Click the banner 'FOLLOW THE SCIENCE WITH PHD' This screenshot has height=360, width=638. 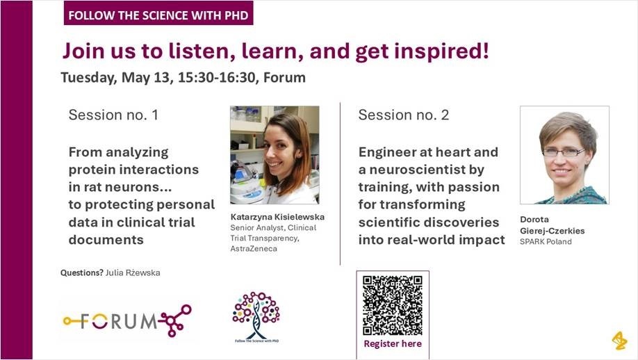(x=158, y=13)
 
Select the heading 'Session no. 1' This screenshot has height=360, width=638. (x=113, y=115)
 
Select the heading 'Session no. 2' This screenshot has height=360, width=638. (x=403, y=115)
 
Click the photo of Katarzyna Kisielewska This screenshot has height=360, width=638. (x=275, y=155)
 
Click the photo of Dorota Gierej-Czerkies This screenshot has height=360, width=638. (x=564, y=155)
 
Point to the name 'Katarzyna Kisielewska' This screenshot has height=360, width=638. (x=277, y=217)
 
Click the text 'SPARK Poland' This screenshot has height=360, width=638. (x=546, y=242)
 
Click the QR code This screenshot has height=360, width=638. (x=393, y=305)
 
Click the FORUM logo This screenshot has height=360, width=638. (x=126, y=320)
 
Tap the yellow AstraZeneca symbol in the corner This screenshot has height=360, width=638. (x=619, y=340)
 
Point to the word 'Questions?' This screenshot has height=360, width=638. (x=82, y=273)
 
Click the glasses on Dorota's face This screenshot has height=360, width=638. (x=563, y=152)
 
